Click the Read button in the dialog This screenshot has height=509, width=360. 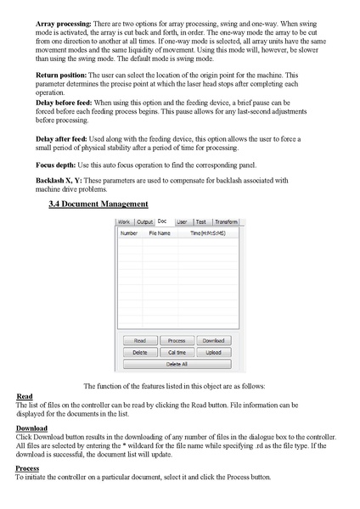pos(140,340)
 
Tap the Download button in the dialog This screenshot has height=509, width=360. pos(213,340)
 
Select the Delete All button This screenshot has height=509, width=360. pos(177,363)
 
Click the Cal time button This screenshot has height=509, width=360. pos(177,352)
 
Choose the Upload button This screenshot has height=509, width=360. pos(213,352)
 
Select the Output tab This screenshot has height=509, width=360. pos(145,221)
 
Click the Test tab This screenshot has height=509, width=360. pos(200,221)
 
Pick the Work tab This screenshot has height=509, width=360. pos(125,221)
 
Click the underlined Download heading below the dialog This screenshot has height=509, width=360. pos(31,428)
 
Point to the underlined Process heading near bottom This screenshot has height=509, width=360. pos(28,468)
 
